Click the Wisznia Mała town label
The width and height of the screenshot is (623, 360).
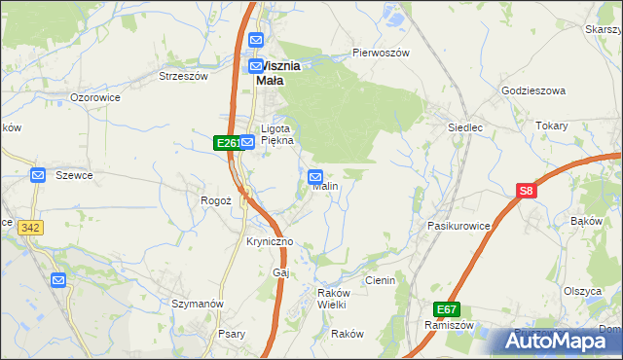click(276, 74)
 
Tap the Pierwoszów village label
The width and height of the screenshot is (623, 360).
click(381, 53)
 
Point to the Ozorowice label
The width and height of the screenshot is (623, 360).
click(95, 98)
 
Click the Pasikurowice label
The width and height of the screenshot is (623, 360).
click(458, 225)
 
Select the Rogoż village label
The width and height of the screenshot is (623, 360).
click(214, 199)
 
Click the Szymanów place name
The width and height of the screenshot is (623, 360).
click(198, 304)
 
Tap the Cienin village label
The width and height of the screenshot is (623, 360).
click(380, 280)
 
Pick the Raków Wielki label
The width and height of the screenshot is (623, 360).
click(331, 299)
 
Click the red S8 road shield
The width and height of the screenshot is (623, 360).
click(526, 192)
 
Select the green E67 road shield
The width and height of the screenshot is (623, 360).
click(447, 309)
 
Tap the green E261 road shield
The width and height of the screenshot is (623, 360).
click(226, 143)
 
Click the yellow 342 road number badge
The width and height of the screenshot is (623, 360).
click(30, 227)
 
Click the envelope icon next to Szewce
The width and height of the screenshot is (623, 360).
click(38, 175)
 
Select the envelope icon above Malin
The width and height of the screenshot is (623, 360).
click(315, 176)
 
